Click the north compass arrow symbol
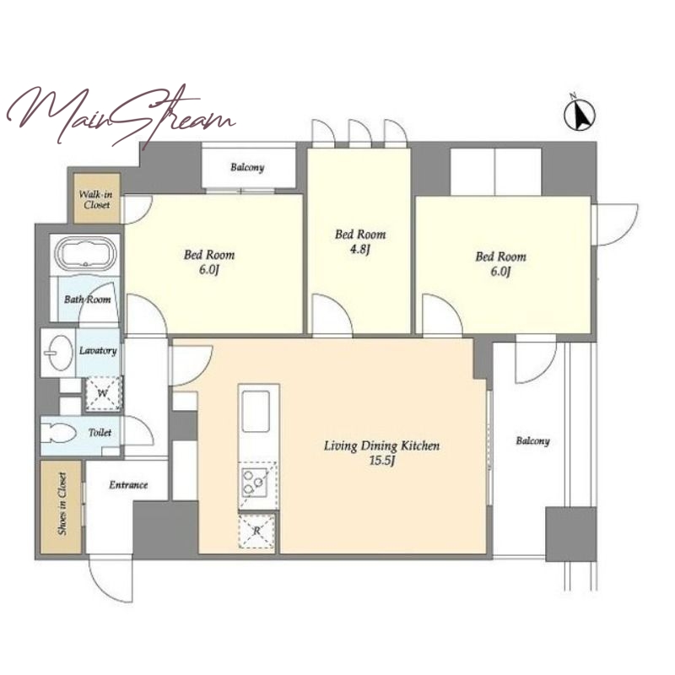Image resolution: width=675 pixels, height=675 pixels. point(580,114)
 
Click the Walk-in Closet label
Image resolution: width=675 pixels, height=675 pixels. point(96,199)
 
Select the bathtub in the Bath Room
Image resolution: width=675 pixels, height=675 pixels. point(87,254)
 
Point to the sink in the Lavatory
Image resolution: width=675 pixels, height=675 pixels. point(58,353)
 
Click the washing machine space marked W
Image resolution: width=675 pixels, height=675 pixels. point(103,393)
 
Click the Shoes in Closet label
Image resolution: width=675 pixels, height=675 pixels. point(62,504)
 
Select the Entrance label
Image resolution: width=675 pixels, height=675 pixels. point(128,485)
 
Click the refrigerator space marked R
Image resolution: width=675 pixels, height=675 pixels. point(257,532)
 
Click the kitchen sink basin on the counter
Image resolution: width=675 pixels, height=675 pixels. point(256,411)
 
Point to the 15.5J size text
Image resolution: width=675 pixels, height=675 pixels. point(381,461)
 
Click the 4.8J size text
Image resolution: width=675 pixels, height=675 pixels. point(359,249)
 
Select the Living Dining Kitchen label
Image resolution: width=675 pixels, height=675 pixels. point(382,445)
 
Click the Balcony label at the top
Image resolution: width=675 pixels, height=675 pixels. point(247,167)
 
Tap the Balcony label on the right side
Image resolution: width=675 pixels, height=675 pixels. point(532,440)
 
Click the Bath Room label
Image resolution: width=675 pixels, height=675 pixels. point(88,300)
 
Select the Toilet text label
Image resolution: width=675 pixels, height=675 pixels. point(100,432)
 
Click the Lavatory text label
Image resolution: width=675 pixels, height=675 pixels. point(98,350)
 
